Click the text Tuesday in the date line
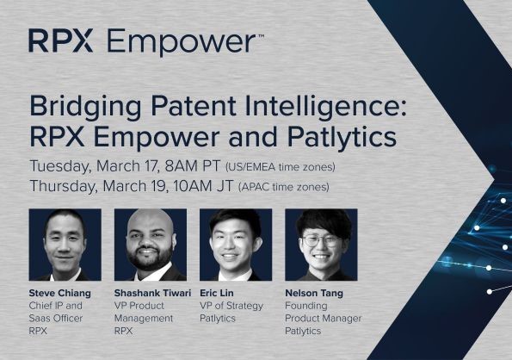(63, 166)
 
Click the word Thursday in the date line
(68, 185)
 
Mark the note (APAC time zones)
(284, 186)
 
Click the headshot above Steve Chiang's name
(65, 245)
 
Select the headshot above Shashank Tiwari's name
(150, 245)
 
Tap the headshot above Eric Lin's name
(235, 245)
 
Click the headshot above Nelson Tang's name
(320, 245)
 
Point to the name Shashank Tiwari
(153, 294)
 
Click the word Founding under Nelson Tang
(307, 306)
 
